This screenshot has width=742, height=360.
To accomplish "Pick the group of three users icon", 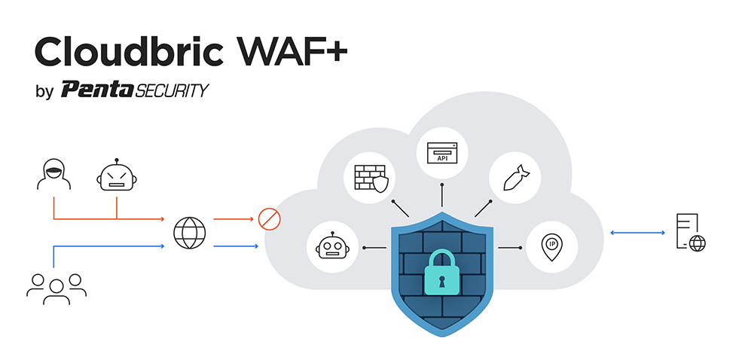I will pyautogui.click(x=56, y=287).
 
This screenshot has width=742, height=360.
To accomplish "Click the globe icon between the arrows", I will pyautogui.click(x=188, y=233).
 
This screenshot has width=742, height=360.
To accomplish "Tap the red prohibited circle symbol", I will pyautogui.click(x=269, y=219).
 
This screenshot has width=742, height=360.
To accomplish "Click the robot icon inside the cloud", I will pyautogui.click(x=333, y=247).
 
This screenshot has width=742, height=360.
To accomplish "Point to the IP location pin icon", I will pyautogui.click(x=551, y=246).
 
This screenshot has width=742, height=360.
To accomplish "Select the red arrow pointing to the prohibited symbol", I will pyautogui.click(x=234, y=219).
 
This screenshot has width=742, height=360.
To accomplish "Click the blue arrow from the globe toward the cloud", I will pyautogui.click(x=235, y=246).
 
